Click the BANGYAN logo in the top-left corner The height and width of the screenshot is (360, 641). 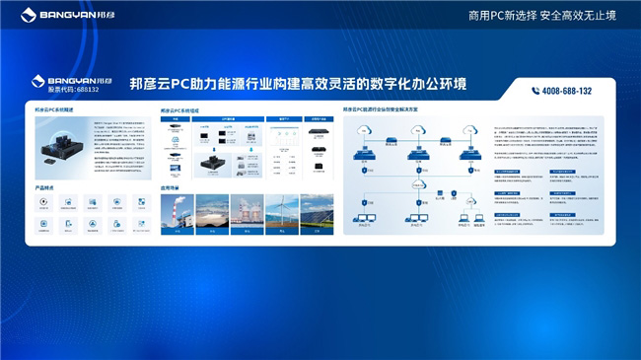[59, 15]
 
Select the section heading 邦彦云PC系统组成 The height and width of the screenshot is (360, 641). [179, 111]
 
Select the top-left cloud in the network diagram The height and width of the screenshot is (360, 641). [367, 128]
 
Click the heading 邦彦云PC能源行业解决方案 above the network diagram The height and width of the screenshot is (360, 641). [388, 111]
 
